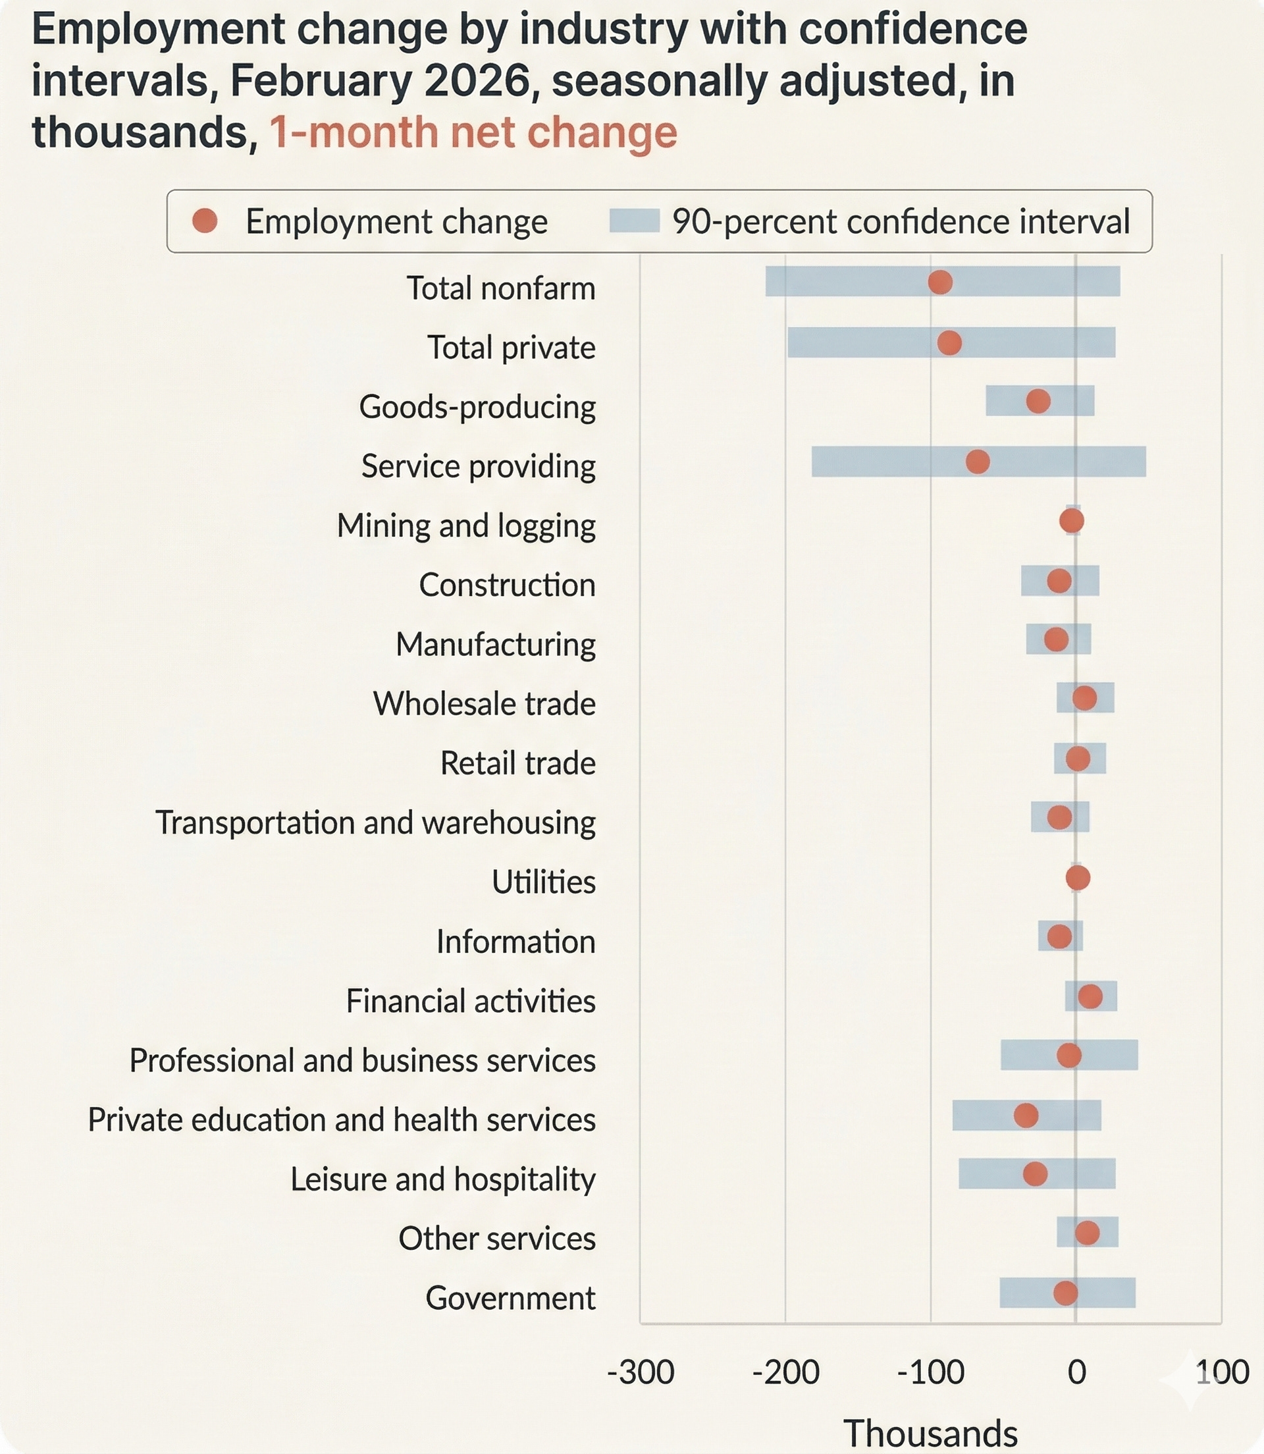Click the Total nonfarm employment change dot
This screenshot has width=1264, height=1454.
tap(939, 283)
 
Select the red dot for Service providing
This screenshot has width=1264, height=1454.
tap(977, 462)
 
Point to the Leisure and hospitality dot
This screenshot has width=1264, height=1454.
tap(1035, 1174)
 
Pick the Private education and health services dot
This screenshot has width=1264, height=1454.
tap(1026, 1116)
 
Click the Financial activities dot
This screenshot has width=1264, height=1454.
tap(1090, 996)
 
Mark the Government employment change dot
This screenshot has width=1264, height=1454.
tap(1065, 1293)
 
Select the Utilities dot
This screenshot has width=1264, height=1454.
tap(1078, 878)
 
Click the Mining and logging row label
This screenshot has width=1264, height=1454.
tap(465, 525)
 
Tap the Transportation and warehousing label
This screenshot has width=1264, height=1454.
tap(375, 822)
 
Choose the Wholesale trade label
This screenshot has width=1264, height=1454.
tap(484, 703)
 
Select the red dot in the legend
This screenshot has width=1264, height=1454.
tap(205, 221)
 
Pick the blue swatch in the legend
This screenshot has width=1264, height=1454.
tap(634, 221)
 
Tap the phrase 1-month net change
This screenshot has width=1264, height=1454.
tap(473, 132)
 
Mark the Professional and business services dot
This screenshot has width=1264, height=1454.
tap(1068, 1056)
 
